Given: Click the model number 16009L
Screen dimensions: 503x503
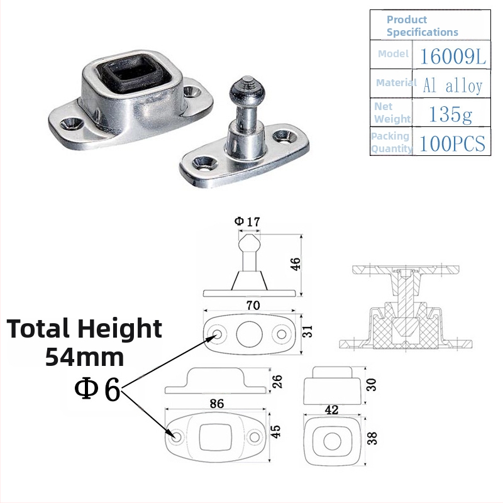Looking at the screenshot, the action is tap(453, 56).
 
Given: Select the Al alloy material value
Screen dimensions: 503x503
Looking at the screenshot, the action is tap(452, 85).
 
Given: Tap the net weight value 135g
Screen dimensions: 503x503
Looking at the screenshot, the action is tap(450, 114).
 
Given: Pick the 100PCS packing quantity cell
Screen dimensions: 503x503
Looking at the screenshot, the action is tap(452, 143).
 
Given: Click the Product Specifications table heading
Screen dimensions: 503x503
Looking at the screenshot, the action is tap(422, 26).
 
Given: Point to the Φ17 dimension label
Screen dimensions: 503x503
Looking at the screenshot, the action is tap(247, 221).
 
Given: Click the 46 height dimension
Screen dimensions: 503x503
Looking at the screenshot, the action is tap(296, 264).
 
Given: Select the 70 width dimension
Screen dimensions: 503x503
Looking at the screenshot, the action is tap(253, 305).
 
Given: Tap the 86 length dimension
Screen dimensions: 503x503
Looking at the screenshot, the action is tap(217, 404).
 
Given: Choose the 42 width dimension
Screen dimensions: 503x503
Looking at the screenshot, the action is tap(332, 410).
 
